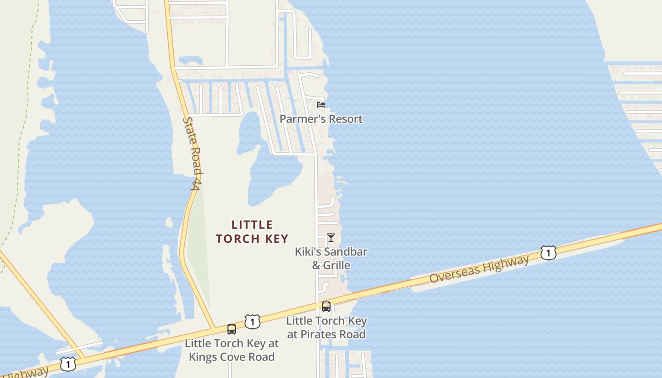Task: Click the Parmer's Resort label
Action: [x=321, y=119]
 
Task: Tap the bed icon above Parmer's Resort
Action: [x=321, y=104]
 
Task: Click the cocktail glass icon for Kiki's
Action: [x=331, y=237]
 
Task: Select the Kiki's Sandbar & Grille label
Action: [x=331, y=258]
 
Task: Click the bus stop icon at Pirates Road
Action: [x=326, y=307]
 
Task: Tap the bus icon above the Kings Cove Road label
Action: [x=232, y=329]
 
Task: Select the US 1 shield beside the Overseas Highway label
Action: [x=548, y=253]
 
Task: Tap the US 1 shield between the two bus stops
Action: [x=253, y=322]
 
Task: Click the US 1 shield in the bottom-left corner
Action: [x=68, y=364]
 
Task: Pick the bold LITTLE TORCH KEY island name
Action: [x=253, y=232]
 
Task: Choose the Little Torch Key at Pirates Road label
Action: [x=326, y=327]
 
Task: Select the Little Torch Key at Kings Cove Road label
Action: [x=232, y=350]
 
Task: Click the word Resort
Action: [x=346, y=119]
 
